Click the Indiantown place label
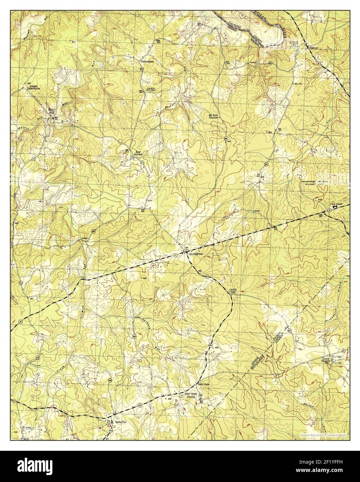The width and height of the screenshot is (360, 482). click(x=147, y=62)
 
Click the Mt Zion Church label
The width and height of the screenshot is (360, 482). click(x=213, y=116)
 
